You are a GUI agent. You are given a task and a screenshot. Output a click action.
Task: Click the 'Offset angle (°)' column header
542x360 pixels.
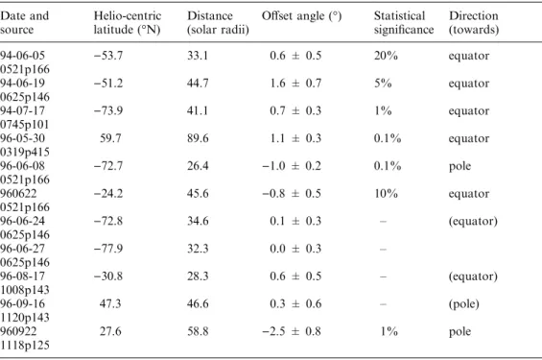[301, 16]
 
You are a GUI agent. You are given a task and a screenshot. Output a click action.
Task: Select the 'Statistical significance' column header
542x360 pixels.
[404, 22]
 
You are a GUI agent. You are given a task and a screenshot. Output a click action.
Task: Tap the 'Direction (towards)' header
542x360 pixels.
[474, 22]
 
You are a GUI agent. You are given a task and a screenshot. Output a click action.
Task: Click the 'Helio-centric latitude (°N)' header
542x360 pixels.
[128, 22]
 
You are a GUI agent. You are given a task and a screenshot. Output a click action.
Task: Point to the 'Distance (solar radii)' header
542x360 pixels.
[218, 22]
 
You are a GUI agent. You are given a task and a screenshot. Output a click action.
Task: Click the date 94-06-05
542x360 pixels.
[22, 56]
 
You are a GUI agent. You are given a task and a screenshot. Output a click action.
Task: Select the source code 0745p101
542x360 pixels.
[25, 125]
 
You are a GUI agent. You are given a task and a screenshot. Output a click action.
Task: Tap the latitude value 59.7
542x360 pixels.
[110, 138]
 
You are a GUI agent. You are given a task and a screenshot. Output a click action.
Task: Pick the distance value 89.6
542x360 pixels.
[198, 138]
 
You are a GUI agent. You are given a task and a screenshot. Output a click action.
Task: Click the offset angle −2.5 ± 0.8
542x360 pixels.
[292, 331]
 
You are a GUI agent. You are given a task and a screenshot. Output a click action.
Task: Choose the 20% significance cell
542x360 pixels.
[386, 56]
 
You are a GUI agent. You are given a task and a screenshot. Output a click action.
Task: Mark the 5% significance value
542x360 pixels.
[383, 83]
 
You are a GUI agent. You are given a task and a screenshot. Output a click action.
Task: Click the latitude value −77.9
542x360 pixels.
[108, 249]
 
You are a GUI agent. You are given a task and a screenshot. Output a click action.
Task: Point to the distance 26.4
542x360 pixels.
[198, 166]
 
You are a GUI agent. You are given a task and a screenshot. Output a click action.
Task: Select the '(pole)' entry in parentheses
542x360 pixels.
[464, 304]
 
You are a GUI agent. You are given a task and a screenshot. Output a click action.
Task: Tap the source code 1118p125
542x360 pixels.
[25, 346]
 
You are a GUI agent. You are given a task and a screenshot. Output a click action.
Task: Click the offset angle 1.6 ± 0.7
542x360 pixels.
[295, 83]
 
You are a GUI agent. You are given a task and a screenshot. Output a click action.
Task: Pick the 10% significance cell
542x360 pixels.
[386, 193]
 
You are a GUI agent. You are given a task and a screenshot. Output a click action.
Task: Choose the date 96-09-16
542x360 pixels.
[22, 303]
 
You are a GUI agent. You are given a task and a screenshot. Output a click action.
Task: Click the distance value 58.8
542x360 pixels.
[198, 331]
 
